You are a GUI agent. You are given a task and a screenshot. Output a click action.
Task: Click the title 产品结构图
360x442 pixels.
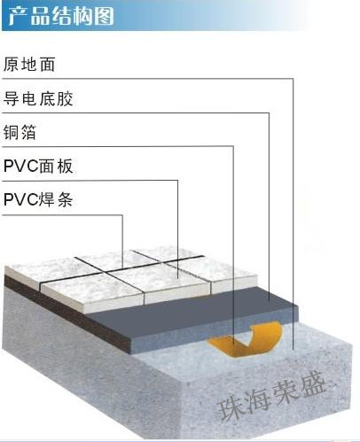tap(61, 16)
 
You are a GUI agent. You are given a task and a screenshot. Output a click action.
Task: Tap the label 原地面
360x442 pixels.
tap(29, 64)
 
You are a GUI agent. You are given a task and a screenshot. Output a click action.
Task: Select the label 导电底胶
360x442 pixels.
tap(38, 98)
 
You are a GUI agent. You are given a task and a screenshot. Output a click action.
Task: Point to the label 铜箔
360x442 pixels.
tap(20, 132)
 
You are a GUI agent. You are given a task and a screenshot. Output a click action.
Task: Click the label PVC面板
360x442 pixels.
tap(38, 166)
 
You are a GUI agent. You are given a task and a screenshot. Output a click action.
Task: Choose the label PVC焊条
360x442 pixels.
tap(38, 199)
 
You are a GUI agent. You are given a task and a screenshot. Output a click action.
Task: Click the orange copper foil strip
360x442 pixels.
tap(247, 340)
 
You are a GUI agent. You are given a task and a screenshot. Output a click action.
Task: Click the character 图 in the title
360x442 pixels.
tap(104, 16)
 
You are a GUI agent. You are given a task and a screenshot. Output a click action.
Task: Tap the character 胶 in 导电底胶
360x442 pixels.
tap(65, 98)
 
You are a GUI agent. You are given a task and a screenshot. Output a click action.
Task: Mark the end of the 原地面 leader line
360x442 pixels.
tap(293, 350)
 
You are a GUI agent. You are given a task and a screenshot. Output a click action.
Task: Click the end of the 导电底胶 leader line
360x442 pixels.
tap(269, 301)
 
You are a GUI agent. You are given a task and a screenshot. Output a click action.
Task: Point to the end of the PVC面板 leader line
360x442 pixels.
tap(178, 278)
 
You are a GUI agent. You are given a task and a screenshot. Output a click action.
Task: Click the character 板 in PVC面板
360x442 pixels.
tap(65, 166)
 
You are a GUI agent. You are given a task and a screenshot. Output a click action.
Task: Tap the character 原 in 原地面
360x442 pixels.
tap(12, 64)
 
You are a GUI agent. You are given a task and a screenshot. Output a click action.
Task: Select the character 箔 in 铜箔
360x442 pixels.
tap(28, 132)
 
